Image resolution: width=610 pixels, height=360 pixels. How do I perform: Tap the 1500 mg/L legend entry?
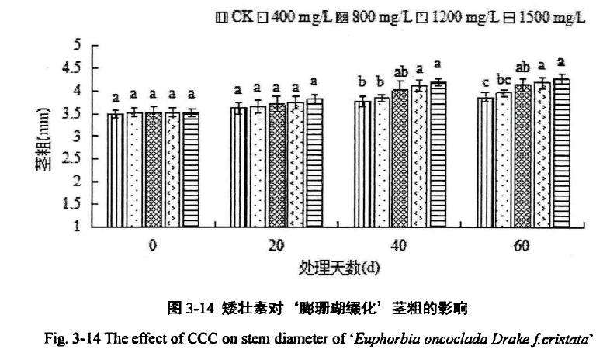[541, 16]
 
